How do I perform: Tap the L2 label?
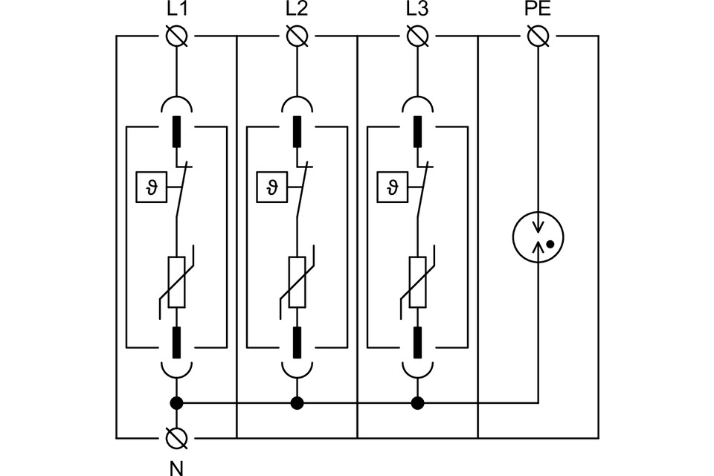(296, 11)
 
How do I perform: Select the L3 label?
(417, 11)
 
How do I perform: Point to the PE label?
(538, 11)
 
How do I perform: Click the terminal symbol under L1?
(177, 36)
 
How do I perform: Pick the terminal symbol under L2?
(297, 36)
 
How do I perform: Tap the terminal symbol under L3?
(418, 36)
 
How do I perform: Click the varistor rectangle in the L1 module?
(177, 282)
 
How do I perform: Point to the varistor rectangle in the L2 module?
(297, 282)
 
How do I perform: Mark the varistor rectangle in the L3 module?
(418, 282)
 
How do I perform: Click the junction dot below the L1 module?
(177, 403)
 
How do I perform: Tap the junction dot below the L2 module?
(297, 403)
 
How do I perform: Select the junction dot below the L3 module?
(418, 403)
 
